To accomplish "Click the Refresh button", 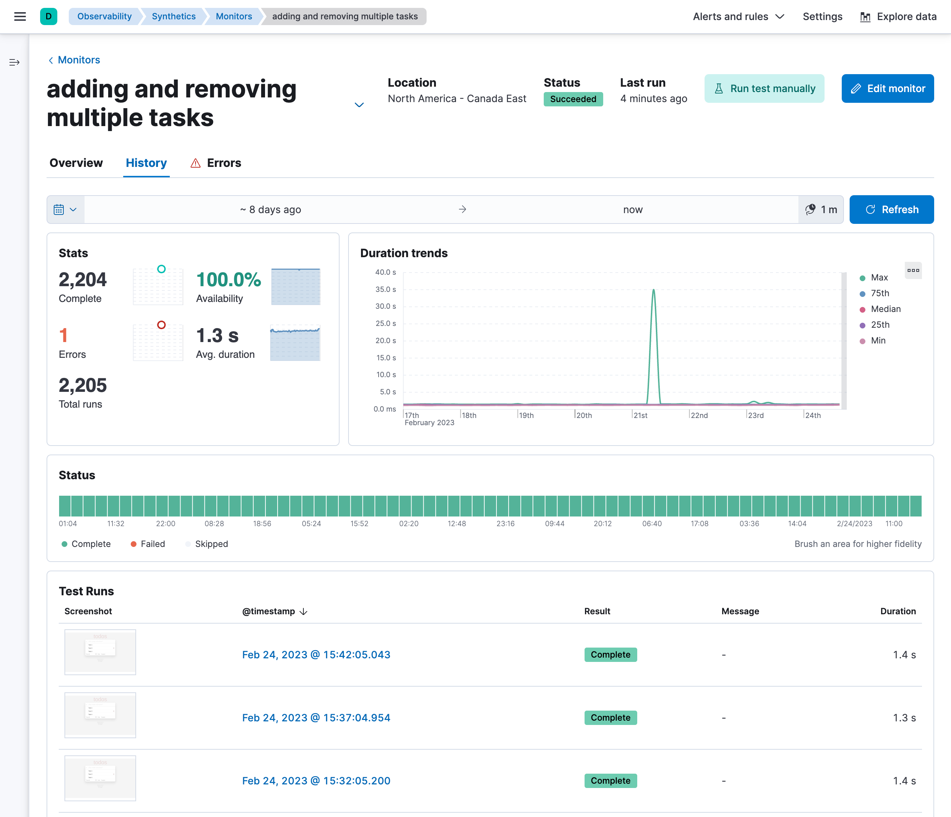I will click(891, 210).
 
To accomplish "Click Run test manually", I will click(764, 88).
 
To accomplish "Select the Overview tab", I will click(76, 163).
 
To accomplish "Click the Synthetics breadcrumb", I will click(173, 16).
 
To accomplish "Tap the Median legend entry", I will click(885, 309).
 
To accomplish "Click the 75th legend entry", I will click(879, 293).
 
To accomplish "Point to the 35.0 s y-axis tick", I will click(385, 289).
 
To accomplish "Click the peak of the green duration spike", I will click(654, 290).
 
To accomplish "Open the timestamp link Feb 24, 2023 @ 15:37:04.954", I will click(316, 718).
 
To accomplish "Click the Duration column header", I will click(897, 611).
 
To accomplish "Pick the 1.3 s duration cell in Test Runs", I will click(904, 718).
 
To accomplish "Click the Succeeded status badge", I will click(573, 99).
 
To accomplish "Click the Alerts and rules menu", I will click(738, 16).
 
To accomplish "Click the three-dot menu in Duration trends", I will click(913, 270).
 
